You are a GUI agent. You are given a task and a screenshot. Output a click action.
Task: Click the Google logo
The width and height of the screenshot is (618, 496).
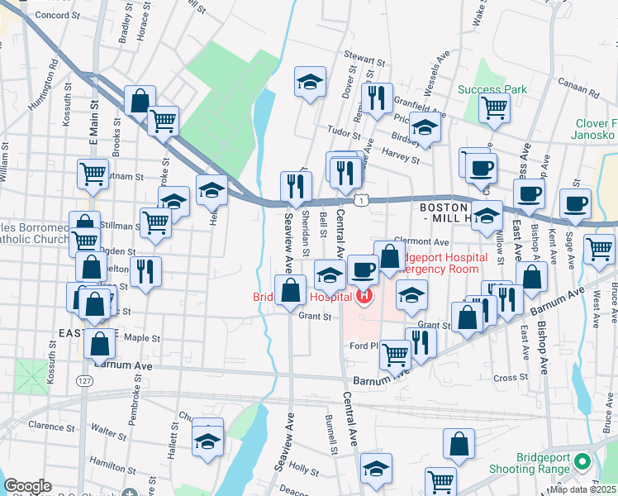(x=28, y=486)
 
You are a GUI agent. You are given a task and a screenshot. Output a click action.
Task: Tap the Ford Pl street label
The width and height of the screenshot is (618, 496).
(x=363, y=346)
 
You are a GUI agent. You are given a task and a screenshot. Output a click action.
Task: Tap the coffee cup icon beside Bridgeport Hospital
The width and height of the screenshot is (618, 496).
(x=362, y=269)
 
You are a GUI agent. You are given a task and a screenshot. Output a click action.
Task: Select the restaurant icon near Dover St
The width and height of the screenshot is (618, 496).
(x=377, y=98)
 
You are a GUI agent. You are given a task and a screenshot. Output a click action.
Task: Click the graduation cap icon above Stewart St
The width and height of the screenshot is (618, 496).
(x=310, y=82)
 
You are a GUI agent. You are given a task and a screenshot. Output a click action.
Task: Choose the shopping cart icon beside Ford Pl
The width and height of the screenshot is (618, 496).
(x=395, y=354)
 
